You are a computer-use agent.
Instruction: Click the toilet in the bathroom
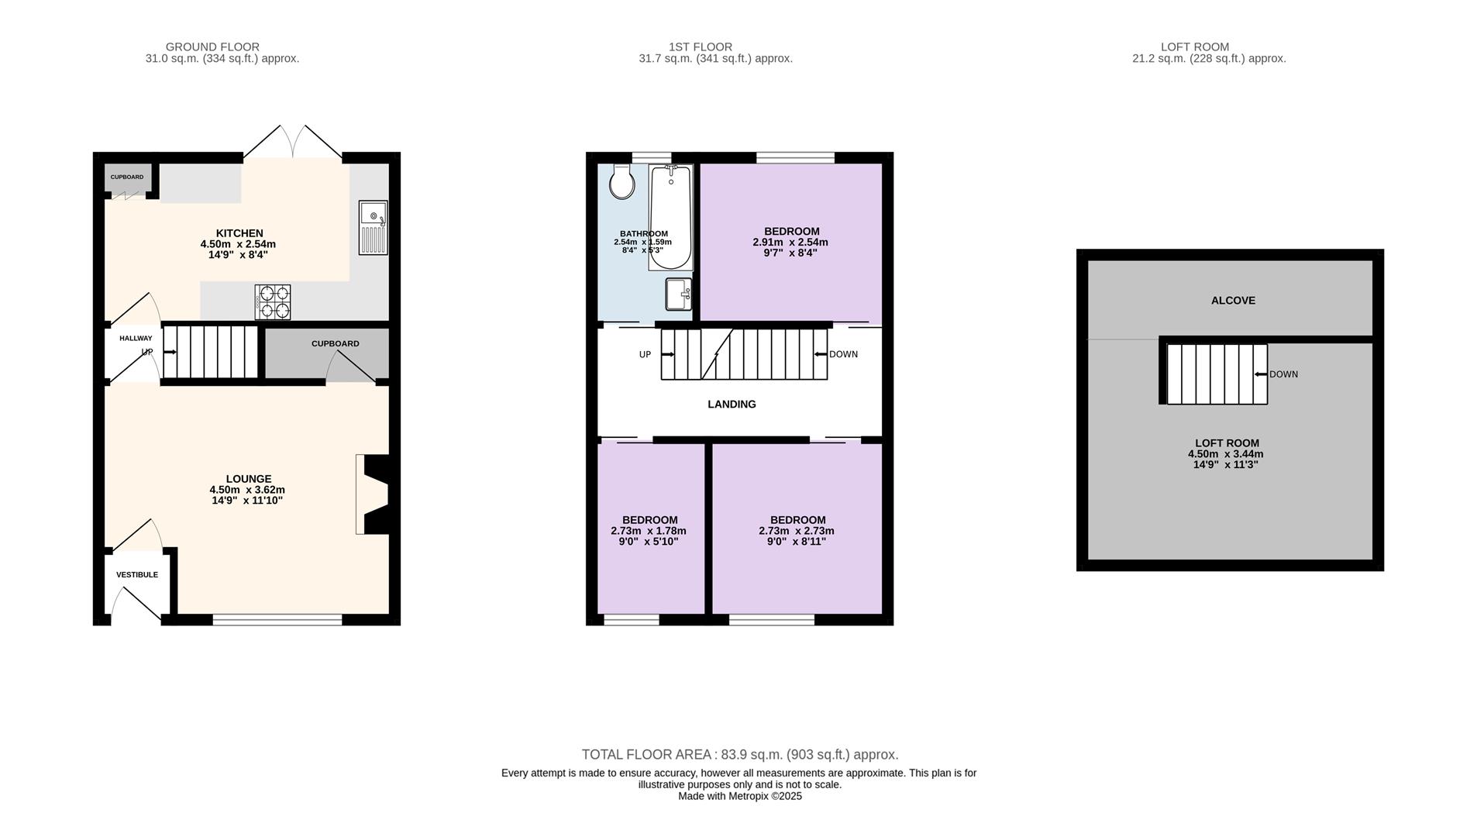[x=621, y=181]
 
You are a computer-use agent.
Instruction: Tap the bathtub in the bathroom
[x=670, y=217]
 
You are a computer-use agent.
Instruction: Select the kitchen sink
[x=373, y=228]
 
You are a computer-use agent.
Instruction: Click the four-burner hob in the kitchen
[x=273, y=301]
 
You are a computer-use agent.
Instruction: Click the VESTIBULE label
[x=137, y=575]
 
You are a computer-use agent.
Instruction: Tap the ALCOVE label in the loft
[x=1233, y=301]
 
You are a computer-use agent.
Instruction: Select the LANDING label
[x=732, y=405]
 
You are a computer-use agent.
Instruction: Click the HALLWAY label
[x=136, y=339]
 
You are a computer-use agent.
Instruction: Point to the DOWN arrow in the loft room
[x=1261, y=374]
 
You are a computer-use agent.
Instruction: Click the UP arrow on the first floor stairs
[x=667, y=355]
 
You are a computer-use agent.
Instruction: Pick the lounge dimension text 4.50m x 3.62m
[x=247, y=490]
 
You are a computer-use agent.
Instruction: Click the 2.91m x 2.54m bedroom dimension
[x=790, y=242]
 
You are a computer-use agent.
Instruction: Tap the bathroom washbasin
[x=679, y=294]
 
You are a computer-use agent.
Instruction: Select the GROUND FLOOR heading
[x=212, y=47]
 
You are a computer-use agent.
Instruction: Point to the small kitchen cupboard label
[x=127, y=177]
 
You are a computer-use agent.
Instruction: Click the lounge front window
[x=277, y=619]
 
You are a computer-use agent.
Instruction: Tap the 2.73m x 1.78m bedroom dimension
[x=649, y=531]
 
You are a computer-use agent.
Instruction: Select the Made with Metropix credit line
[x=740, y=797]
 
